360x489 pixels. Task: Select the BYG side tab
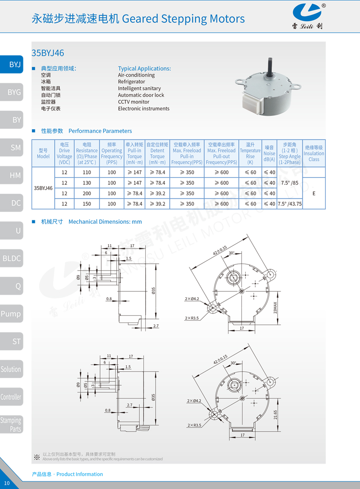(x=12, y=92)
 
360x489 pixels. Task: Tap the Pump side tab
(x=11, y=314)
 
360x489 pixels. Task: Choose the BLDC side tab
(x=11, y=258)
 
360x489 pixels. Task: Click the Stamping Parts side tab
(x=11, y=424)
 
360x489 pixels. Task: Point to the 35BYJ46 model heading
(x=47, y=53)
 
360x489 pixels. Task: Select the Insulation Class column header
(x=314, y=153)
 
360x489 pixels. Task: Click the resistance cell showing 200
(x=87, y=193)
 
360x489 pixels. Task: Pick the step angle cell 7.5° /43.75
(x=290, y=204)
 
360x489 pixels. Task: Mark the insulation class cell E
(x=314, y=193)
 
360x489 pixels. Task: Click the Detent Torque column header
(x=157, y=153)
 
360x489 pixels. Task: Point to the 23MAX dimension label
(x=275, y=307)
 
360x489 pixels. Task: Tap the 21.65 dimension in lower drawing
(x=275, y=415)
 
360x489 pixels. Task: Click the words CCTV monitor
(x=133, y=102)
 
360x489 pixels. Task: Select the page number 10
(x=7, y=483)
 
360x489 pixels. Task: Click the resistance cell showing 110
(x=87, y=172)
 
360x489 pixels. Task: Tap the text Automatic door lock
(x=141, y=95)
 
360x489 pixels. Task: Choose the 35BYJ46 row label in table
(x=43, y=188)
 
